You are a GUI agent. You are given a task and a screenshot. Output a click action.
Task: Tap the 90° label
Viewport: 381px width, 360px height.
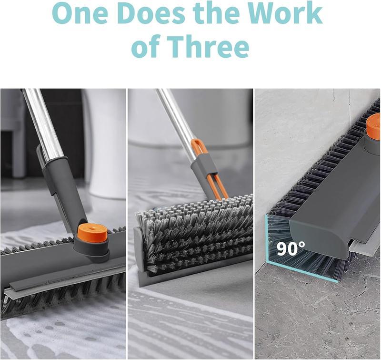(291, 248)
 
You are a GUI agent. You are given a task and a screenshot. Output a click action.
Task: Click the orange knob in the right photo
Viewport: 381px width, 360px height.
(373, 126)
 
